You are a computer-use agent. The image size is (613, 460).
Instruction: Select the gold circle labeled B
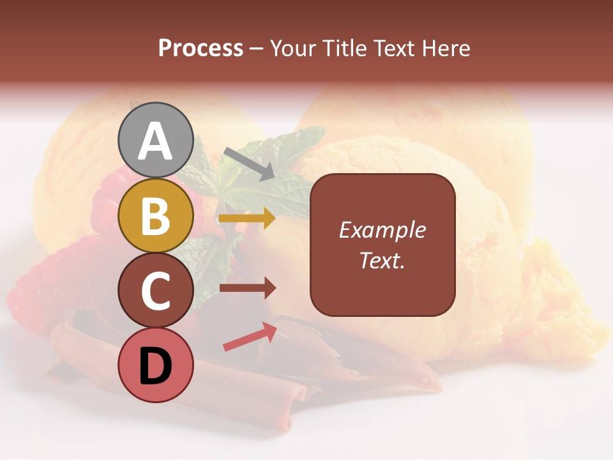click(x=156, y=215)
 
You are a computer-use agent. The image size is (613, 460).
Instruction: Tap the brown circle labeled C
click(x=156, y=290)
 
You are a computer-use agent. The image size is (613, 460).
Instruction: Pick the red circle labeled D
click(x=156, y=365)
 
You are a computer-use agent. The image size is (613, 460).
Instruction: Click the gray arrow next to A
click(x=249, y=162)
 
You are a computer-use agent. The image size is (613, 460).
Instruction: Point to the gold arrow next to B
click(x=247, y=218)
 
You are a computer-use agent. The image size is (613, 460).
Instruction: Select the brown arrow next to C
click(x=247, y=288)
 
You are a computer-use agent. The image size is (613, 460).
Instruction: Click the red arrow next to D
click(x=250, y=337)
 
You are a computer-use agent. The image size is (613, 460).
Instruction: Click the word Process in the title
click(x=201, y=49)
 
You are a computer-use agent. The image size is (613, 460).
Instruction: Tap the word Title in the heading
click(x=344, y=49)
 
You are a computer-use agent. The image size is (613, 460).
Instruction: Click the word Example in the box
click(x=382, y=230)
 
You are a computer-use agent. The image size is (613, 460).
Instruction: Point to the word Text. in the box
click(x=382, y=260)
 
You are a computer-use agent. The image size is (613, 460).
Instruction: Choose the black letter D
click(x=156, y=365)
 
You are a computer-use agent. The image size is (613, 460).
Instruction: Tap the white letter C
click(x=156, y=290)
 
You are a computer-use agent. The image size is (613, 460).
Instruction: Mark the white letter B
click(x=156, y=215)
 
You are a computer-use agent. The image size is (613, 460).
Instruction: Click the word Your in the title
click(x=294, y=49)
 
